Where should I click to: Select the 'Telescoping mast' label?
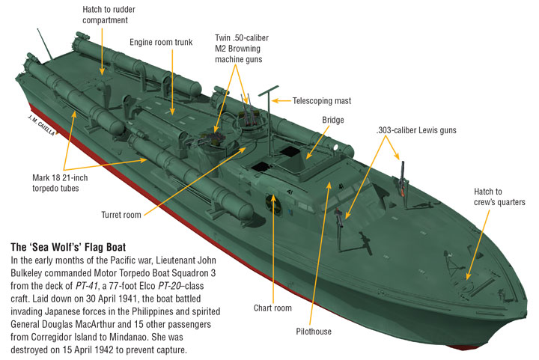322,100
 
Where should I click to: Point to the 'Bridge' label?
333,120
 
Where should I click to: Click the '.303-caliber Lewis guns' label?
415,130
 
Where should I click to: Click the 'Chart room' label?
272,307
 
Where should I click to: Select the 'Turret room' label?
121,215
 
